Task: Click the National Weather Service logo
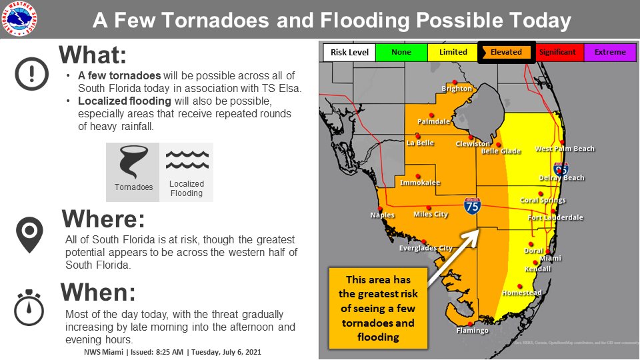20,19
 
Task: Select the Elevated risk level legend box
506,53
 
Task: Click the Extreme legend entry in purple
610,53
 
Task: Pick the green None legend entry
401,53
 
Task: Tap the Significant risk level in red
557,53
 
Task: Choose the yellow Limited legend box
453,53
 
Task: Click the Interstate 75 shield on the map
473,206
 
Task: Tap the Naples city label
382,215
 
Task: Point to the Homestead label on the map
521,293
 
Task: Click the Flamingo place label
472,331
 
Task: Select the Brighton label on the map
457,89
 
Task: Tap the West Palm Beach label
565,149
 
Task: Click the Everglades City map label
425,249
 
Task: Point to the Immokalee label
419,183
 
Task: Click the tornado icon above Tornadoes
133,163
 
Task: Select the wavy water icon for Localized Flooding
187,160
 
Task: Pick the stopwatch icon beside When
29,307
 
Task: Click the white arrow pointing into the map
453,257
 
